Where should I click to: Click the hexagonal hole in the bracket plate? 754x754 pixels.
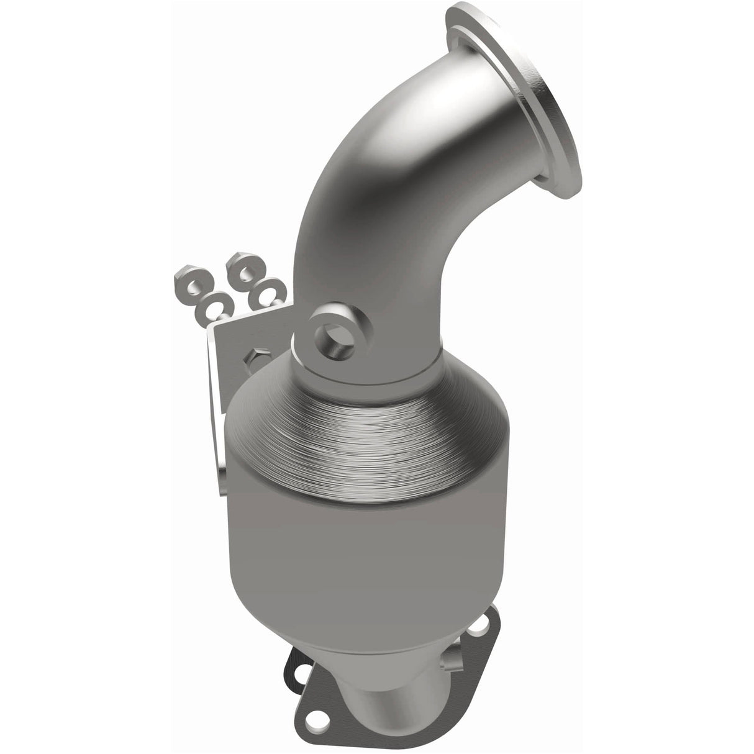coord(255,358)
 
